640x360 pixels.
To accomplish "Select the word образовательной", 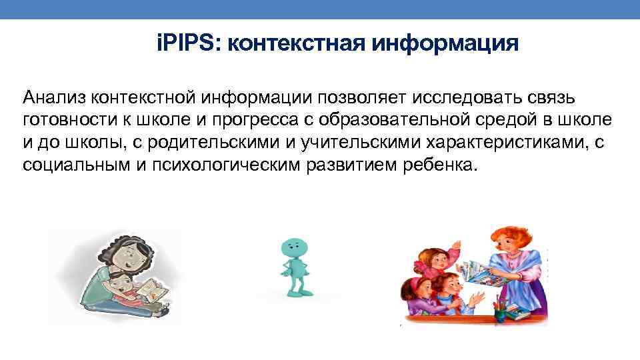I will coord(419,121).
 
